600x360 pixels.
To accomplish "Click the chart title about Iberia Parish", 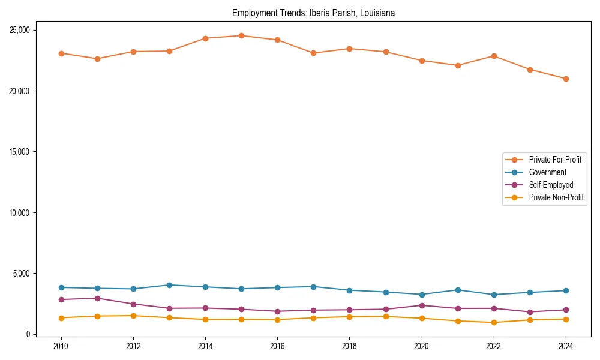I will [313, 13].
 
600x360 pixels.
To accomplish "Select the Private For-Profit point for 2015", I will [241, 35].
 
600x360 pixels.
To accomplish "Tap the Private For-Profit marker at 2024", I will [566, 79].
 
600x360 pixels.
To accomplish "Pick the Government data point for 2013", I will [169, 285].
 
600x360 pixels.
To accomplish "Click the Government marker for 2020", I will [422, 295].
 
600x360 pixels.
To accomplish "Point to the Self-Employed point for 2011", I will [97, 298].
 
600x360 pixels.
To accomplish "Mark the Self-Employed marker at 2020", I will [422, 305].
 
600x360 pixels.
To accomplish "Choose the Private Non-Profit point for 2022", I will [494, 322].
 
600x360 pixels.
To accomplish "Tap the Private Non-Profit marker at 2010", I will [61, 318].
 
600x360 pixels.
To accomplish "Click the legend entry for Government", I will [547, 172].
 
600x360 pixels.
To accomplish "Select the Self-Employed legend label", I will [551, 185].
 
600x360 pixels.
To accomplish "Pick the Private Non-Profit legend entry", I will [556, 197].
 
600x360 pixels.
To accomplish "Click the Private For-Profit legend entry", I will [555, 160].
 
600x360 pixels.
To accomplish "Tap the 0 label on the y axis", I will [28, 334].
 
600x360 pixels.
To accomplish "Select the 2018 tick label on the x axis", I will [349, 346].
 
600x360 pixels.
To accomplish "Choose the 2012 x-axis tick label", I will [133, 346].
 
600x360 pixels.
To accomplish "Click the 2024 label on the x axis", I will [566, 346].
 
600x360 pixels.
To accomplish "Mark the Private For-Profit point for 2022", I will [494, 56].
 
